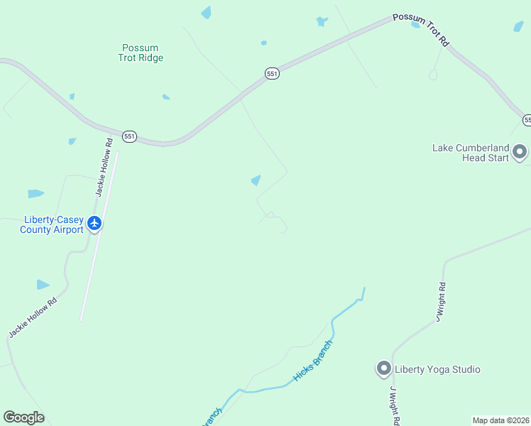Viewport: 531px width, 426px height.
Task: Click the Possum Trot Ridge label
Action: (141, 53)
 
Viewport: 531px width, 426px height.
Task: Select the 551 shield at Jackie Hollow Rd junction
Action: (128, 136)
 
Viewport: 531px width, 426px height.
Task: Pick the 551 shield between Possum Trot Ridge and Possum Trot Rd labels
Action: (273, 74)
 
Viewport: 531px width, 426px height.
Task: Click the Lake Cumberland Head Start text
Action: (471, 153)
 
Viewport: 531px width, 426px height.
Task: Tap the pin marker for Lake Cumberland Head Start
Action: (520, 152)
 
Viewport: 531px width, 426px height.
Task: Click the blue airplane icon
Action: (94, 224)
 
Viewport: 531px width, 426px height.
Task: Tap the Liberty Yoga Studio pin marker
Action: (383, 368)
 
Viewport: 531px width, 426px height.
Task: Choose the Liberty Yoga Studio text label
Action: (437, 369)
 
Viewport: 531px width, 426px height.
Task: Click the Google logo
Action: (23, 417)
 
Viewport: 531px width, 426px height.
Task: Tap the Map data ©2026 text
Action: (500, 420)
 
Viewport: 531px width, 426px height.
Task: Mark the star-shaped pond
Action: (322, 21)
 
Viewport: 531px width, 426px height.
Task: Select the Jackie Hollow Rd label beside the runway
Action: (104, 167)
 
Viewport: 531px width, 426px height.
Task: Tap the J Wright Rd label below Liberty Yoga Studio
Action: (395, 406)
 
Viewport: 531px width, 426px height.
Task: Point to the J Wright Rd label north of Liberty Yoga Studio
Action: (441, 302)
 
